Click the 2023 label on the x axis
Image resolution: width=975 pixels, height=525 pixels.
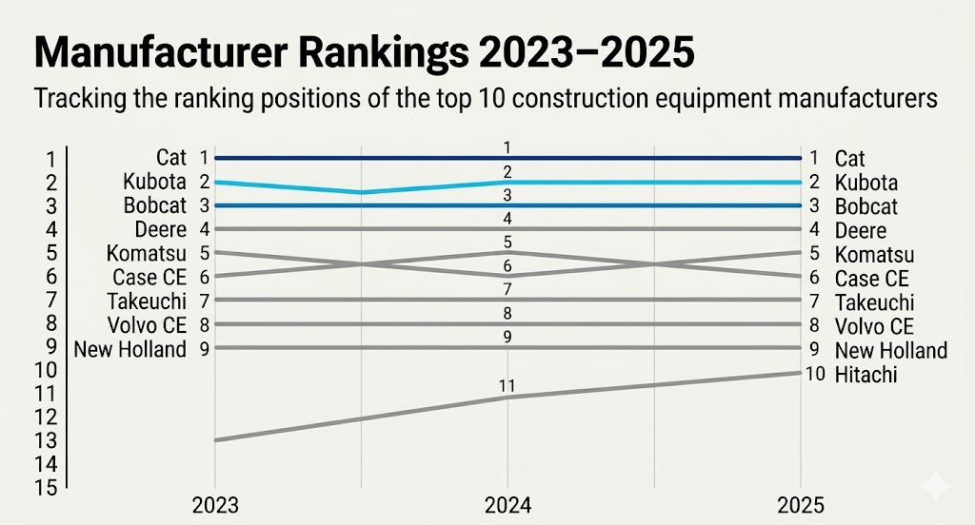click(214, 506)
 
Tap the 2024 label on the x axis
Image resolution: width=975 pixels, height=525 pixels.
click(507, 506)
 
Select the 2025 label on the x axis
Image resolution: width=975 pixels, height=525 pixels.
click(801, 506)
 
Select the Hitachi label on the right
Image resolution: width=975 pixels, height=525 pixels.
click(866, 375)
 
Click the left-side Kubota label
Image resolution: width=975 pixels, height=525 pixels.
click(154, 182)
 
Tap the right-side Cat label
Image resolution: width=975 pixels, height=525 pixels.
click(849, 159)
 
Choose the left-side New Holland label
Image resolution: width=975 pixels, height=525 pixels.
click(130, 349)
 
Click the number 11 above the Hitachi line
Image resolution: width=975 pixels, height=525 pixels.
click(507, 386)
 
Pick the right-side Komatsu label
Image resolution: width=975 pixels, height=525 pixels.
click(874, 255)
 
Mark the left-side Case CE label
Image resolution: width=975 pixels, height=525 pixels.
click(149, 277)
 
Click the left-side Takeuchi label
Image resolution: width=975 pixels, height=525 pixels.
click(147, 301)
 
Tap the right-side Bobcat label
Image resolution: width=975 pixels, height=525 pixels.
click(866, 206)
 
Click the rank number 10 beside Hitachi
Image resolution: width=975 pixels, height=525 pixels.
click(815, 374)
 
